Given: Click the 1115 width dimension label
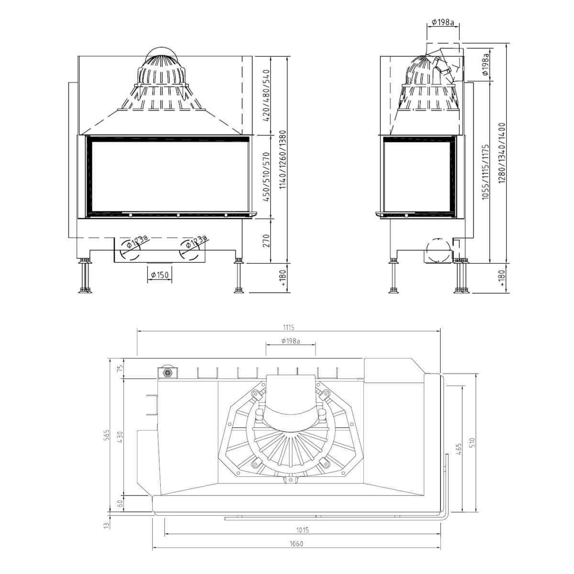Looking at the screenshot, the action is pyautogui.click(x=288, y=328).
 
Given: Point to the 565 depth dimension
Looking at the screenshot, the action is pyautogui.click(x=107, y=435).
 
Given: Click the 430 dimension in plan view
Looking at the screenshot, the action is pyautogui.click(x=120, y=437).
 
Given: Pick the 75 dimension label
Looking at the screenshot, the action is pyautogui.click(x=120, y=368).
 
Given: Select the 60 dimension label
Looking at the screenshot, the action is pyautogui.click(x=120, y=503).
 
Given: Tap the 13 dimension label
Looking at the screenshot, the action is pyautogui.click(x=108, y=525).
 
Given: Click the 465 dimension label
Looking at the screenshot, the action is pyautogui.click(x=459, y=449).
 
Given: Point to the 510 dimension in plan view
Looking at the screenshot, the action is pyautogui.click(x=473, y=443).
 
